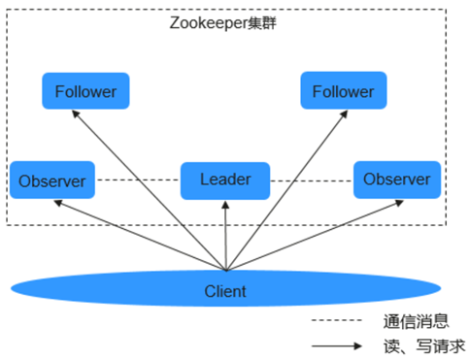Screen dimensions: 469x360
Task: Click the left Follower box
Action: (85, 91)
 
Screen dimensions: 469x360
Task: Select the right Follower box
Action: (344, 90)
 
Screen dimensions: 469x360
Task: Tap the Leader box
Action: (225, 180)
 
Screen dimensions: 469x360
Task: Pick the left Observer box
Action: (52, 180)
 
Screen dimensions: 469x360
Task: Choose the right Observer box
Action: (397, 180)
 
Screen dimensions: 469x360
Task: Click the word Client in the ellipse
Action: (225, 291)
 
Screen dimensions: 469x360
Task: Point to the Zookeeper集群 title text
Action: (223, 23)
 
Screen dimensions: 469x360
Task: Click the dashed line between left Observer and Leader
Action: (138, 180)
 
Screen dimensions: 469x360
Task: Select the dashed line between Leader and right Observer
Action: (312, 180)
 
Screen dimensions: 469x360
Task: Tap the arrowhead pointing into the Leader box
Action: (225, 205)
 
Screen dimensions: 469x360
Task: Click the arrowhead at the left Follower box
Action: (76, 114)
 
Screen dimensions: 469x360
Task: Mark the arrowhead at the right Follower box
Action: (344, 114)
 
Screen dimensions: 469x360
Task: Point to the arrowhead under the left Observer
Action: (58, 203)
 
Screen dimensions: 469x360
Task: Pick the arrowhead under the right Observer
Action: (399, 203)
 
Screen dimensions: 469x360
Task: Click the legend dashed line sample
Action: (337, 320)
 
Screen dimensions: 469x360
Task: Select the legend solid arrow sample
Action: (337, 346)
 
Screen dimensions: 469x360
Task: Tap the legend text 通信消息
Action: (417, 321)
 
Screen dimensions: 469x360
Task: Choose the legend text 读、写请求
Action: (424, 346)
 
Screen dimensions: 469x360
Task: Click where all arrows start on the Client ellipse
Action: (226, 270)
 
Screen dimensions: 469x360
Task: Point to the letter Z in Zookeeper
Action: (174, 22)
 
